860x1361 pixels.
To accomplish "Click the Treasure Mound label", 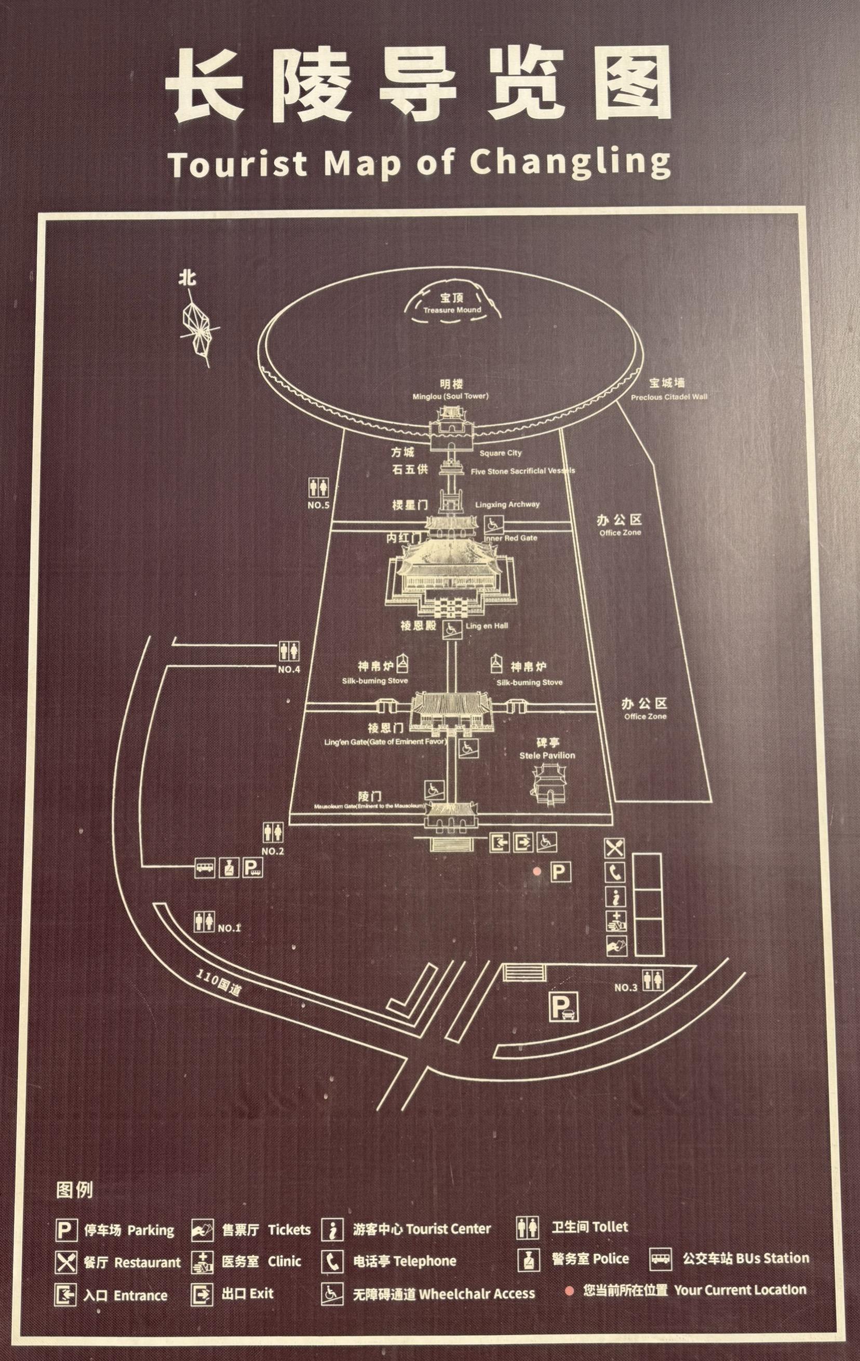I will (x=453, y=309).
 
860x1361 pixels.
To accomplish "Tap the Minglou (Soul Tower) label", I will (x=450, y=396).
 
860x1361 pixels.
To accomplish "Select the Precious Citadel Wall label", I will (x=668, y=396).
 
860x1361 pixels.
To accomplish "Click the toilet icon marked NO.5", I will (x=318, y=487).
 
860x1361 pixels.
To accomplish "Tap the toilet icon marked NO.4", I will (x=289, y=651).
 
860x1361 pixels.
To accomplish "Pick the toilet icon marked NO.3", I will (x=653, y=980).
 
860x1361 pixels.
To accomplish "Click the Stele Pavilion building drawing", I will (x=547, y=784).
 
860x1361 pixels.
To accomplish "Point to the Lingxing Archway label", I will (x=507, y=504).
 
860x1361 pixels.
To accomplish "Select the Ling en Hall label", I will (x=487, y=625).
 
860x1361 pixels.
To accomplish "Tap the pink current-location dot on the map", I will (x=537, y=872).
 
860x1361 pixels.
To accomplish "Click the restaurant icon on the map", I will (x=615, y=848).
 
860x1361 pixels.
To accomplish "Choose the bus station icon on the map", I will (x=205, y=868).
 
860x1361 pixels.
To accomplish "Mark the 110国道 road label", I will (x=219, y=982).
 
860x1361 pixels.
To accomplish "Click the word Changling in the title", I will (x=570, y=162).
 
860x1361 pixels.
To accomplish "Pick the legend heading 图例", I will (x=75, y=1190).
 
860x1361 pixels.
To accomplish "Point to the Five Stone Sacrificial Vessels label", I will (x=522, y=471).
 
